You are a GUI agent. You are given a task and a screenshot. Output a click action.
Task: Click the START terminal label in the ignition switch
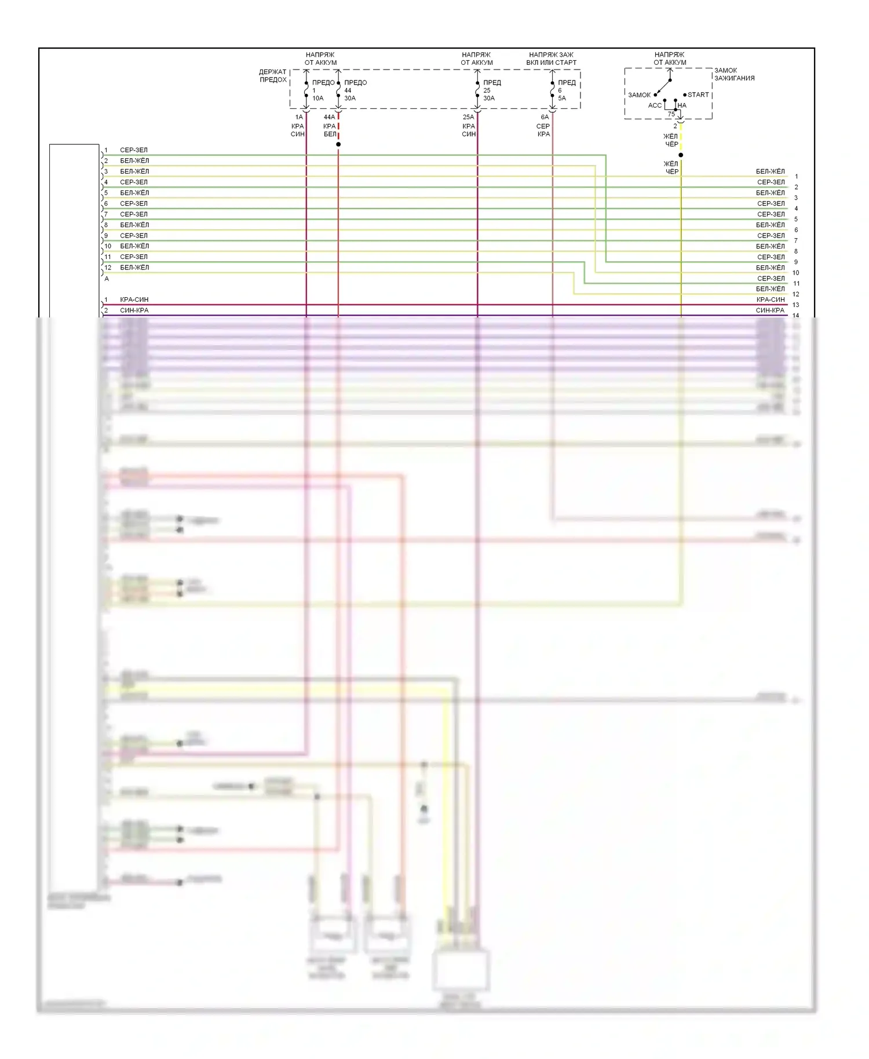pos(698,94)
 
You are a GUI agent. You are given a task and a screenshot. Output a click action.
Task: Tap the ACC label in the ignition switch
pos(655,105)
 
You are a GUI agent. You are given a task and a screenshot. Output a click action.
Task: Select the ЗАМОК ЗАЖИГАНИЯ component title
pos(734,74)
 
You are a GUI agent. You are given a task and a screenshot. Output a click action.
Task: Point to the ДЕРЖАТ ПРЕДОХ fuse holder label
pos(273,76)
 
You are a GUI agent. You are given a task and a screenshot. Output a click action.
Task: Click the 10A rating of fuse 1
pos(318,98)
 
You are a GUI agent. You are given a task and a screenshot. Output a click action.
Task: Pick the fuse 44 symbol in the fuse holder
pos(338,90)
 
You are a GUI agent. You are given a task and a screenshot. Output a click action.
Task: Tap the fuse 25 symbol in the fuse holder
pos(477,90)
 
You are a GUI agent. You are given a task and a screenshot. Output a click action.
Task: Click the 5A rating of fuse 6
pos(562,98)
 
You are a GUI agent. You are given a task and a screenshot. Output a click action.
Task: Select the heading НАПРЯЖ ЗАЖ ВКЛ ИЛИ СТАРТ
pos(552,59)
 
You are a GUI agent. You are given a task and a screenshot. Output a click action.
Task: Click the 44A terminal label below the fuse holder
pos(329,117)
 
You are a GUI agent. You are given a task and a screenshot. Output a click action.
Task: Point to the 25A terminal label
pos(468,117)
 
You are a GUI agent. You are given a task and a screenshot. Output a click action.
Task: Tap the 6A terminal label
pos(545,117)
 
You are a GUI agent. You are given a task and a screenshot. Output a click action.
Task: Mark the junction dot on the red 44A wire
pos(338,144)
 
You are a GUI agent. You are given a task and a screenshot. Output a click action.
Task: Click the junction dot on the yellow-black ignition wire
pos(681,155)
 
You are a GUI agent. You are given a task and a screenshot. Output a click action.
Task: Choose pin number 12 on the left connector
pos(108,268)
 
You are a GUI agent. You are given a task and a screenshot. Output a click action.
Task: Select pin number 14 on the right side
pos(796,316)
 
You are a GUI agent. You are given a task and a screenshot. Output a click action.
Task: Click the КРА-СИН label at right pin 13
pos(771,300)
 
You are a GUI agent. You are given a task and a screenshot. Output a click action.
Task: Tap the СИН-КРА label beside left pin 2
pos(134,311)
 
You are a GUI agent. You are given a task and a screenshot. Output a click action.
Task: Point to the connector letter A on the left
pos(107,279)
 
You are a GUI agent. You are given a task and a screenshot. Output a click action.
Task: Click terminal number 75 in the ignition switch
pos(671,114)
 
